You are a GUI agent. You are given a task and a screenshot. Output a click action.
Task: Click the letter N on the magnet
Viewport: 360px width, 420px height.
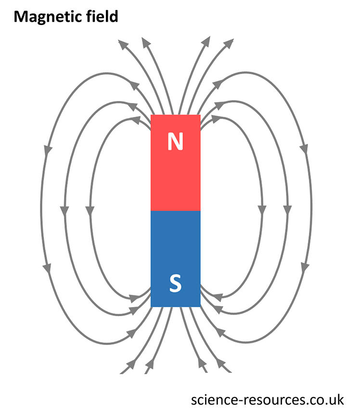coord(176,140)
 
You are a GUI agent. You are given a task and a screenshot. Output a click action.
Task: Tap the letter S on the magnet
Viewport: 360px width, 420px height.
coord(176,283)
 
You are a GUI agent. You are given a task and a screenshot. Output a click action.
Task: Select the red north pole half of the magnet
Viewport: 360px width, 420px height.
coord(176,173)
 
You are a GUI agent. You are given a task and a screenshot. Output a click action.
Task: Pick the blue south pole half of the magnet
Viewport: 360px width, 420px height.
coord(176,245)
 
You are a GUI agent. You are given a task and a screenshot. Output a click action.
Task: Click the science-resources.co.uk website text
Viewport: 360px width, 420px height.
coord(268,399)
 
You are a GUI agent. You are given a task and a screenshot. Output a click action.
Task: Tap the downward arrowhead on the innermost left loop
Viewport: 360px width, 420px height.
coord(89,210)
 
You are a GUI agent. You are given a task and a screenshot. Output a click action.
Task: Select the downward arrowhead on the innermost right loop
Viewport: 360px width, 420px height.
coord(262,210)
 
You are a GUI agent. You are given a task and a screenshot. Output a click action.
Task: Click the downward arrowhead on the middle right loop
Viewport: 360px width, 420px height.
coord(287,210)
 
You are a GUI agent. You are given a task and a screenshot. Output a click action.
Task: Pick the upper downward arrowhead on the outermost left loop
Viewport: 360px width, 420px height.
coord(48,150)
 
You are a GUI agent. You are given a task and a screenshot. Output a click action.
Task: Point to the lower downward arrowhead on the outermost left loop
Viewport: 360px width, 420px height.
coord(47,266)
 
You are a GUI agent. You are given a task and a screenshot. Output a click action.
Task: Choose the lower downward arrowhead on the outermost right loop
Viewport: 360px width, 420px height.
coord(304,266)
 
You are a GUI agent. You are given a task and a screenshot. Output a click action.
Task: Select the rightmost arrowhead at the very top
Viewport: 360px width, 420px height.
coord(229,45)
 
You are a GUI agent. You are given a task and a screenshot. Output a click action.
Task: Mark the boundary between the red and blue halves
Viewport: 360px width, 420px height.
coord(176,211)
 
